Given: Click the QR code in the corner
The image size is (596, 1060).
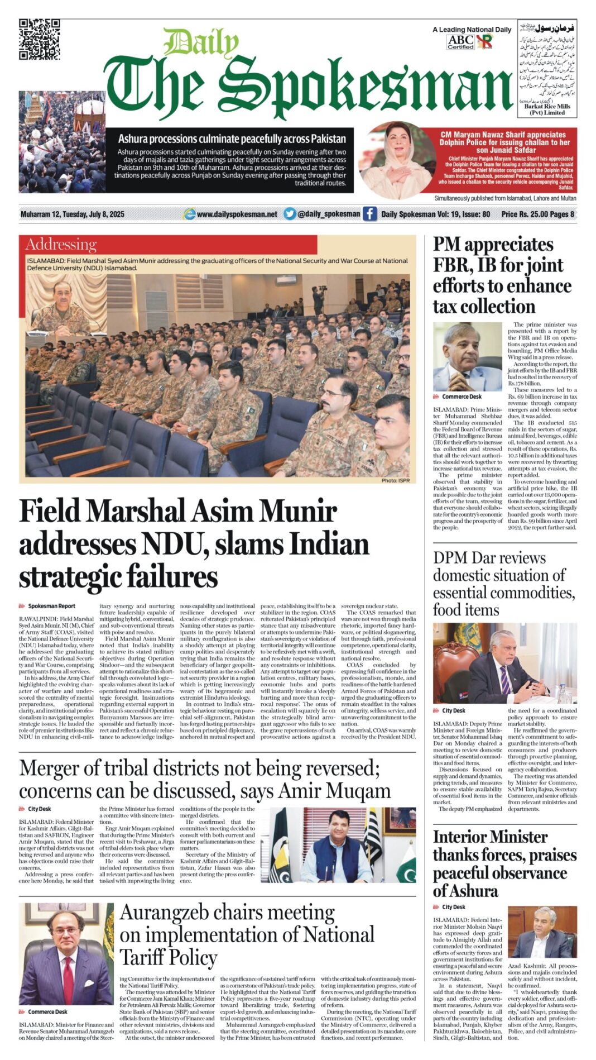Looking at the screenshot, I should pyautogui.click(x=40, y=39).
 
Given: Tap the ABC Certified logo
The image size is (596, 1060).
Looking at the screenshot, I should pyautogui.click(x=460, y=42).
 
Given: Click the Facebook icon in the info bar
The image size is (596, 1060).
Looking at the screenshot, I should pyautogui.click(x=369, y=214).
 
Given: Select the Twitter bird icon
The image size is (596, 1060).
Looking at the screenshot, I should pyautogui.click(x=290, y=214).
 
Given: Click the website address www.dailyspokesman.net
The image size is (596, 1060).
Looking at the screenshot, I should pyautogui.click(x=237, y=214).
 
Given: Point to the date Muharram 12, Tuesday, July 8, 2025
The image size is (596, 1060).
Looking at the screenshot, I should pyautogui.click(x=73, y=214).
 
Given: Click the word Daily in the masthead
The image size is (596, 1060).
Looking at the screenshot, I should pyautogui.click(x=201, y=43).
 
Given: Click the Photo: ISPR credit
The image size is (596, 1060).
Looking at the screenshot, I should pyautogui.click(x=395, y=480).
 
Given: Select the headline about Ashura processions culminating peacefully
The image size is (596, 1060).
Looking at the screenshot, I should pyautogui.click(x=232, y=139).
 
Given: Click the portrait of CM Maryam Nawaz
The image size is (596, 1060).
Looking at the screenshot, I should pyautogui.click(x=396, y=161).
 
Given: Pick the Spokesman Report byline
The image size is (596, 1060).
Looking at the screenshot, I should pyautogui.click(x=51, y=606).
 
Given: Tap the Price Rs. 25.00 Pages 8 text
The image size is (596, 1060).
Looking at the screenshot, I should pyautogui.click(x=537, y=214).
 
